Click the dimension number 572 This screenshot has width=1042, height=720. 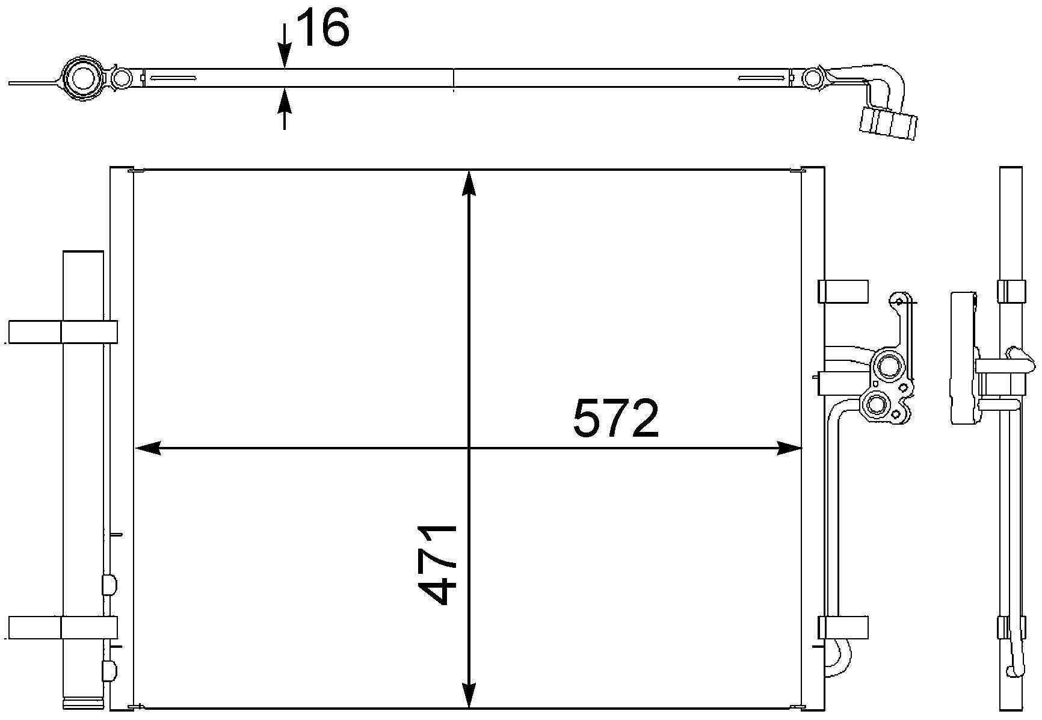[x=616, y=419]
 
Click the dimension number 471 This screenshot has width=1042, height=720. [x=437, y=564]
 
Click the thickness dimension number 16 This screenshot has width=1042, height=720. [x=324, y=29]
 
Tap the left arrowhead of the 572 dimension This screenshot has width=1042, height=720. [x=147, y=448]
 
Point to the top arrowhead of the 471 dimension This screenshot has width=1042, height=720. [x=469, y=183]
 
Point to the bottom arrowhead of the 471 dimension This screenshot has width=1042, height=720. [x=469, y=712]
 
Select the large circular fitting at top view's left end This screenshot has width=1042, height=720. [x=81, y=78]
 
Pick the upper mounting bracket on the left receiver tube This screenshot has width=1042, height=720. [x=63, y=332]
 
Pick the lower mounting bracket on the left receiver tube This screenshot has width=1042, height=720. [x=63, y=627]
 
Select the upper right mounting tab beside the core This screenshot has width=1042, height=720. [x=843, y=292]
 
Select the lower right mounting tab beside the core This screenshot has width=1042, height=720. [x=843, y=627]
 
